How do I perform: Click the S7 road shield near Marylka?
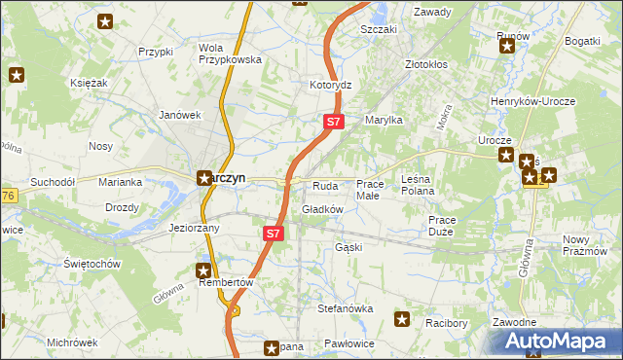coord(333,122)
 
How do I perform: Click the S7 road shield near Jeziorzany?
coord(274,234)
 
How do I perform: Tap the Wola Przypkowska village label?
coord(231,53)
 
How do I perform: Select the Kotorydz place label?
coord(330,85)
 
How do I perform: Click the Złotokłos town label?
coord(425,65)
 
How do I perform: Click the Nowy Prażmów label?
coord(591,245)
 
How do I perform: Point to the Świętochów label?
coord(92,264)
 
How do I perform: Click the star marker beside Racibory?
coord(402,317)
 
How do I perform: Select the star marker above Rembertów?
coord(204,270)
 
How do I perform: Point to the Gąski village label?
coord(348,247)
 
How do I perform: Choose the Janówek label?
coord(180,114)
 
